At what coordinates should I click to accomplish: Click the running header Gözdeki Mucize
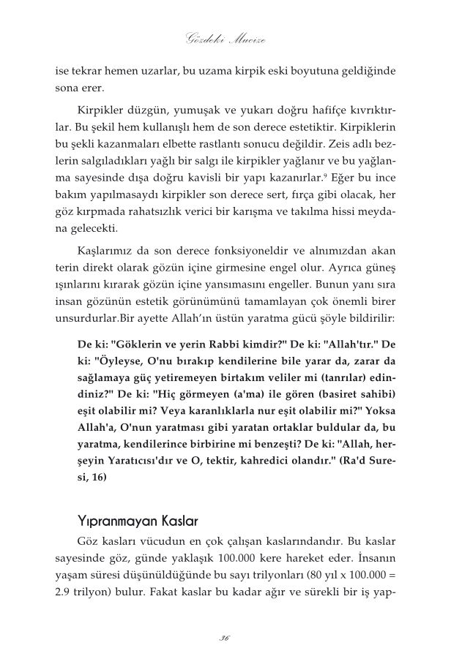click(x=225, y=39)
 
